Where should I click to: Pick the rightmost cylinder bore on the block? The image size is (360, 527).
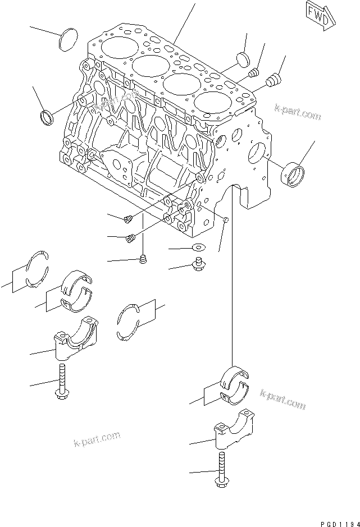tap(213, 104)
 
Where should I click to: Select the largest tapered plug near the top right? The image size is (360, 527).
tap(275, 80)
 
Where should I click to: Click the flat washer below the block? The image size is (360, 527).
tap(198, 247)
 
